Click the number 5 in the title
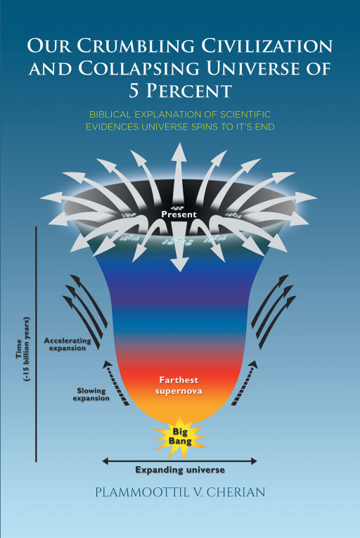tap(134, 91)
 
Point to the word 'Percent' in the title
tap(188, 91)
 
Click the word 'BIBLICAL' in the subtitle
tap(110, 114)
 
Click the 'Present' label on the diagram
tap(179, 214)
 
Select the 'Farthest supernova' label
tap(179, 385)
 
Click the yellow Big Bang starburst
tap(179, 437)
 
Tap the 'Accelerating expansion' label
tap(67, 345)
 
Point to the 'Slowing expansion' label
tap(91, 395)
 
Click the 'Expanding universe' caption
tap(180, 470)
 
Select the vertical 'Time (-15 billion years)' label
tap(22, 349)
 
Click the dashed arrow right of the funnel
tap(245, 383)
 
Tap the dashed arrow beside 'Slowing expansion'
tap(115, 383)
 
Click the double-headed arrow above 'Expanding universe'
tap(179, 461)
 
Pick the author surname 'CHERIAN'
tap(236, 492)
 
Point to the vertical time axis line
tap(36, 344)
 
